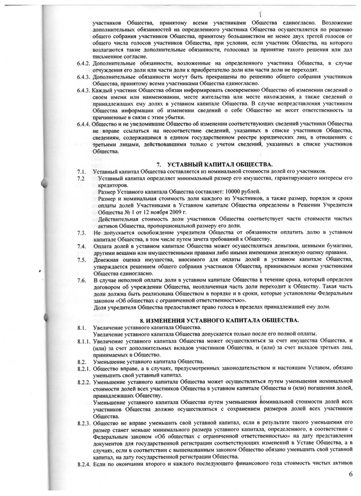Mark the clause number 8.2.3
click(x=84, y=422)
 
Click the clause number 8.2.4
click(x=84, y=465)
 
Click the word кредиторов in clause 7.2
click(x=107, y=185)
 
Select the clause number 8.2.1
click(x=84, y=369)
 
